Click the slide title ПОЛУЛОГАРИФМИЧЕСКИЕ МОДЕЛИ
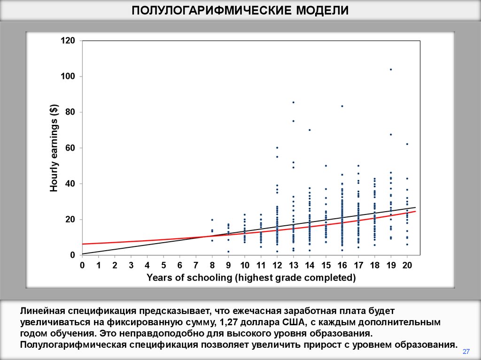coord(240,10)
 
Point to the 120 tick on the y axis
coord(68,41)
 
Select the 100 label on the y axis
coord(68,77)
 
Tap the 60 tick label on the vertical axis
coord(70,148)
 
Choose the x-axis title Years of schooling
coord(251,278)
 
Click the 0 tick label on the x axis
coord(82,265)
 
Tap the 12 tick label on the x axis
coord(277,265)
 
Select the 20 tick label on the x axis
coord(407,265)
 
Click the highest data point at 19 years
coord(391,69)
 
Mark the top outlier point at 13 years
coord(294,102)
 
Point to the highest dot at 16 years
coord(342,106)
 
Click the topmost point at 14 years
coord(310,130)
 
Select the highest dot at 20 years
coord(407,144)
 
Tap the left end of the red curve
coord(83,244)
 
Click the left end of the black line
coord(83,253)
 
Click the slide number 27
coord(466,351)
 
